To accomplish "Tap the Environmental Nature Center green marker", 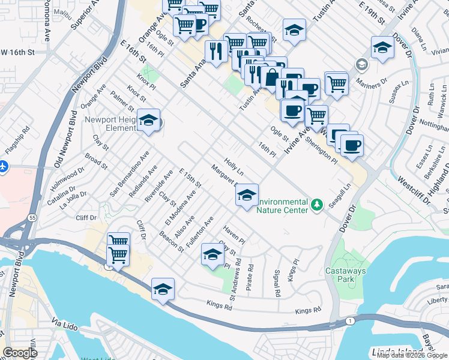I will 318,205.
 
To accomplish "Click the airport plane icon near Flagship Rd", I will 4,166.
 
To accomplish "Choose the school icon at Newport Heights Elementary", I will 148,121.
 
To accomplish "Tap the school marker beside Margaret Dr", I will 246,194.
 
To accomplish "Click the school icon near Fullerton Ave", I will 212,254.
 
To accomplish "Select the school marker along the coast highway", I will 163,289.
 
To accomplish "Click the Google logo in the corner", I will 20,353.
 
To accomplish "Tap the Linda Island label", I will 390,352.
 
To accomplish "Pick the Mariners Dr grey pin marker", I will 361,64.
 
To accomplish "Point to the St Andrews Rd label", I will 235,280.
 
